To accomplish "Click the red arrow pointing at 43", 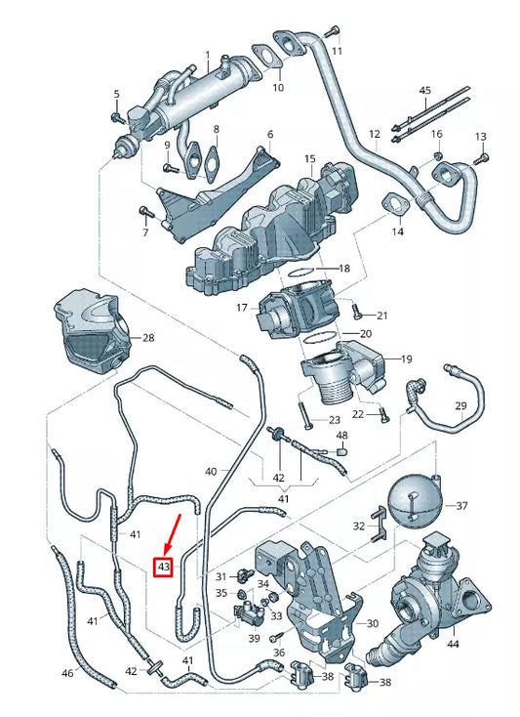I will tap(174, 534).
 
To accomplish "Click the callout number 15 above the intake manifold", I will tap(309, 158).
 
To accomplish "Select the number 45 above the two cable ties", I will tap(424, 90).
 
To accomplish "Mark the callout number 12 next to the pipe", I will tap(374, 133).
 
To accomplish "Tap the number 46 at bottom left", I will tap(67, 673).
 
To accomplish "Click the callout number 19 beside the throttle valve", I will tap(407, 358).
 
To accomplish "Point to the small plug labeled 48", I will tap(343, 451).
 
